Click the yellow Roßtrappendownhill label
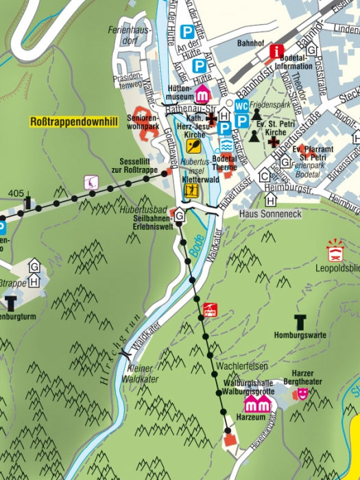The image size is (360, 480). click(x=74, y=122)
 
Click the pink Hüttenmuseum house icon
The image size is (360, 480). click(x=203, y=94)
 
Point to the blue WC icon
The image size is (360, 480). click(x=241, y=106)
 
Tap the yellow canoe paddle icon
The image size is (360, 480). click(x=195, y=145)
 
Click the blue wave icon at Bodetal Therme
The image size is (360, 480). click(x=226, y=145)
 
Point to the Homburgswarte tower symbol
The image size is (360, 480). click(x=300, y=321)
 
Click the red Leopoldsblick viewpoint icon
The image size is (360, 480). click(x=335, y=250)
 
